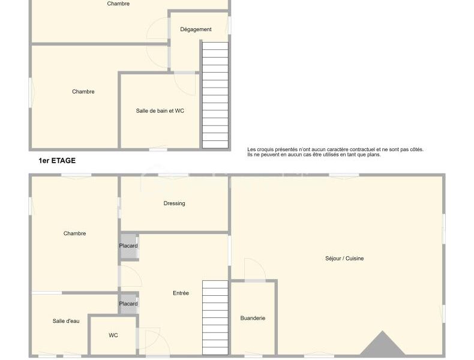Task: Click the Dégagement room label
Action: pos(196,29)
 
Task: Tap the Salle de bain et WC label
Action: pos(160,110)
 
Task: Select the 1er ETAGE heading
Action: pos(57,161)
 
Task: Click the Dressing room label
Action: pos(174,203)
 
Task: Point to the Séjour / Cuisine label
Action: pos(344,258)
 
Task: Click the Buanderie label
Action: pos(253,318)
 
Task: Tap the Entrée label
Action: pos(181,293)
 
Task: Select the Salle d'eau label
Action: pos(66,321)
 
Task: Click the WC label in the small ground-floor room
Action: pos(113,335)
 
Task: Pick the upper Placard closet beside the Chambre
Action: pos(128,246)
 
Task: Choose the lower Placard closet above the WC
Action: pos(128,304)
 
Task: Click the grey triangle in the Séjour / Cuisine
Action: pos(382,344)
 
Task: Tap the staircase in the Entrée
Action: pos(215,317)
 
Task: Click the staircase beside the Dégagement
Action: pos(215,95)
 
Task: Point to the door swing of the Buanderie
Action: pos(254,268)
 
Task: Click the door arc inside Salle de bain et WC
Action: pos(185,85)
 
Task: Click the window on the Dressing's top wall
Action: pos(173,175)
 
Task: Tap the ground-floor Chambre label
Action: pos(74,233)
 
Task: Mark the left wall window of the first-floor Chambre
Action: pos(31,92)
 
